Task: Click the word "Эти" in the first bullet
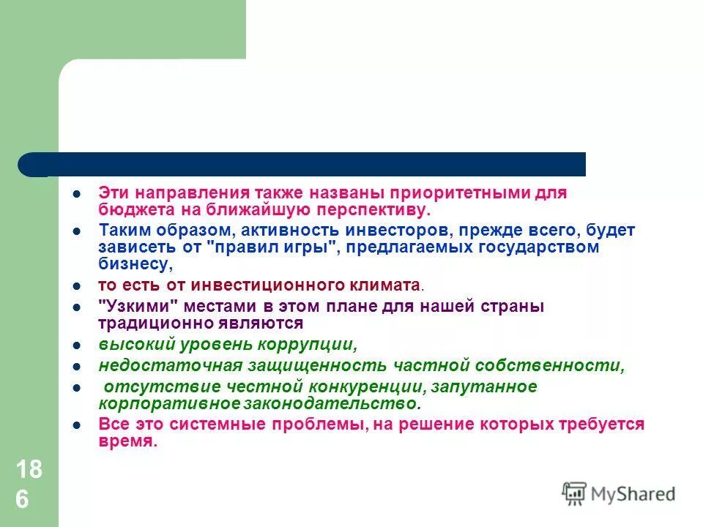(114, 193)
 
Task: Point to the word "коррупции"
(313, 343)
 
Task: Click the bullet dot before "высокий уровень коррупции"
(76, 344)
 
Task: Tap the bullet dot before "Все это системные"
(76, 425)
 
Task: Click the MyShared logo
(619, 493)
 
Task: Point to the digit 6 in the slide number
(23, 500)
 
